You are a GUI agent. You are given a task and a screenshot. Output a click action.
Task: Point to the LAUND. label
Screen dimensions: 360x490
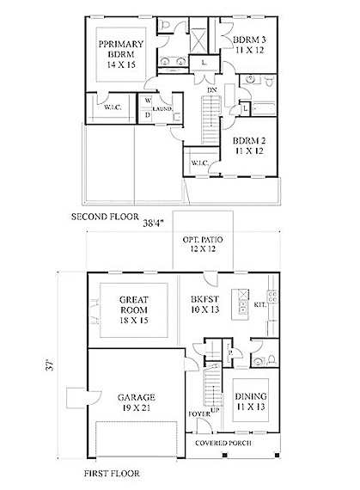click(162, 109)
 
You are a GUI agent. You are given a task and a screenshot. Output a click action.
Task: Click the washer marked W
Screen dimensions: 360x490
click(148, 101)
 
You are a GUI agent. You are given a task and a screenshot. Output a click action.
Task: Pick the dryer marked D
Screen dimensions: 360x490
click(148, 115)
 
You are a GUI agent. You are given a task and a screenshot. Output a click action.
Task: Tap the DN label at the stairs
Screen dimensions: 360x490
click(212, 90)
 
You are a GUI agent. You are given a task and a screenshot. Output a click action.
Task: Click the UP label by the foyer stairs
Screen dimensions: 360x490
click(215, 410)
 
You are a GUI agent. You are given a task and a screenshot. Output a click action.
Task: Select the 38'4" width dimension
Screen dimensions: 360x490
click(154, 224)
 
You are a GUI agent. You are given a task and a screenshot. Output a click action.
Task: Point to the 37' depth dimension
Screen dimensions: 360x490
click(50, 365)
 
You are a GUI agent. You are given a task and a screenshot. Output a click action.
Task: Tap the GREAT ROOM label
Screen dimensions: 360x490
click(134, 305)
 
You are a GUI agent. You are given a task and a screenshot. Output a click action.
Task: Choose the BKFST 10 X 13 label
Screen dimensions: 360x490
click(205, 304)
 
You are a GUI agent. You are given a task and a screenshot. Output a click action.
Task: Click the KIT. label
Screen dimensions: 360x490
click(259, 304)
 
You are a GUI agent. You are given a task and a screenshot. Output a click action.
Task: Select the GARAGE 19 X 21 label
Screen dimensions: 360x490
click(136, 402)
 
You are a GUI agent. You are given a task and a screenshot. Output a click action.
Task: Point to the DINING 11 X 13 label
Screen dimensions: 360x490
click(250, 401)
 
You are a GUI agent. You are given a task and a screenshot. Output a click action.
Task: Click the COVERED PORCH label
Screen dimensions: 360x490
click(223, 443)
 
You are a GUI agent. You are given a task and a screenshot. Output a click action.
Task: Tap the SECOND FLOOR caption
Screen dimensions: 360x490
click(105, 217)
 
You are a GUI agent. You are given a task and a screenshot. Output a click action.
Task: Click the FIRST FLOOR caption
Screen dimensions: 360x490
click(112, 474)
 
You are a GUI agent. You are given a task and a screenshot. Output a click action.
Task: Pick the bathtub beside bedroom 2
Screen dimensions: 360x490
click(264, 109)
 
